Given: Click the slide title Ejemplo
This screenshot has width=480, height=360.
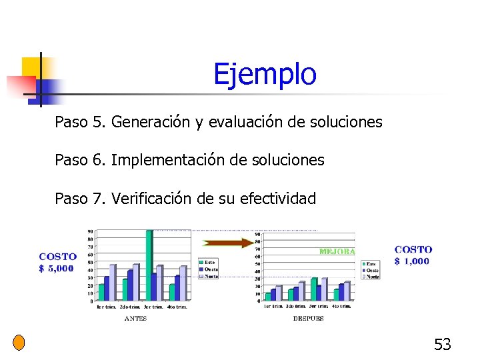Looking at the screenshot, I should [x=265, y=75].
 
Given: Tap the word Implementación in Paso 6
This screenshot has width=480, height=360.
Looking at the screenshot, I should [x=165, y=161].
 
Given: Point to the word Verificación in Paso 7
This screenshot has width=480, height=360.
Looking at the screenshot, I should [x=153, y=199].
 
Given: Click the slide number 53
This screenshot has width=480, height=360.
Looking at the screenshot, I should [x=443, y=345].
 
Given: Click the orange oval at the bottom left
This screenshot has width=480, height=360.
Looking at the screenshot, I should [x=19, y=343].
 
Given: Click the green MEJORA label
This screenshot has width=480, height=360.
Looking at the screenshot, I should [x=337, y=252].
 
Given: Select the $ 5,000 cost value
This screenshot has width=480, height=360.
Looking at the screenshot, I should [x=57, y=269].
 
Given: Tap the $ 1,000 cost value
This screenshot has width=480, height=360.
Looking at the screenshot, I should [x=413, y=261].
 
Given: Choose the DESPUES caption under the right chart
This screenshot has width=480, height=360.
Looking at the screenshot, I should [x=308, y=319].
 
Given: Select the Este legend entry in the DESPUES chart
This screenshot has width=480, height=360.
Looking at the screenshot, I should [x=371, y=264].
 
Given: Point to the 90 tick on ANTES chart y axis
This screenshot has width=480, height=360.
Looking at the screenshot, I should [x=90, y=232].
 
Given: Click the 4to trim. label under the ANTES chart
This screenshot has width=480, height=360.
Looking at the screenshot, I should [x=176, y=307].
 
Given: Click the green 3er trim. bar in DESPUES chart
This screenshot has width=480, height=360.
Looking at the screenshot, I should [x=314, y=289].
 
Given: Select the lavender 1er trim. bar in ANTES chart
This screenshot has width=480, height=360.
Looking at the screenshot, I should [x=112, y=283].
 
